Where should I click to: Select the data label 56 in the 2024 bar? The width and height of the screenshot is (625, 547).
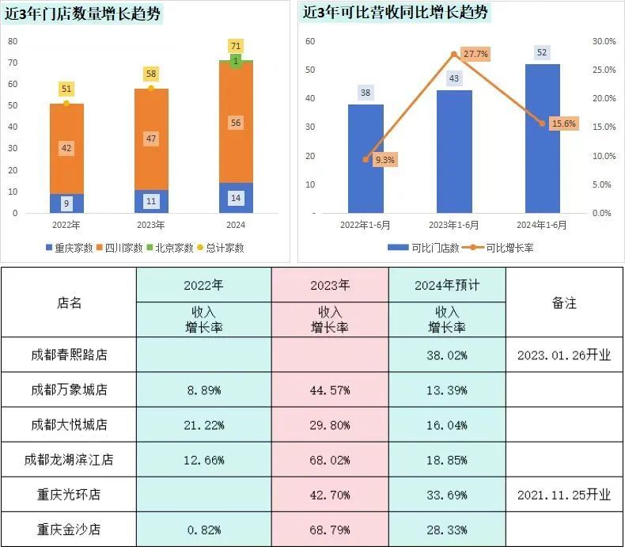[236, 123]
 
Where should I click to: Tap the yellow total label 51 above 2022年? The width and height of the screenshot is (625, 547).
[66, 89]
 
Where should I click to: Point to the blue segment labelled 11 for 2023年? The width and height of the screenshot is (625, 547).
[150, 201]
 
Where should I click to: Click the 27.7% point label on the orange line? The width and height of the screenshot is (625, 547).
[475, 54]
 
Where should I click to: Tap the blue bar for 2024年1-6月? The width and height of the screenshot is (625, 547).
[542, 139]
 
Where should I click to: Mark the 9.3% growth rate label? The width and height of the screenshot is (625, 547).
[384, 159]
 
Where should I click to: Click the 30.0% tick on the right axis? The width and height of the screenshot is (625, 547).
[603, 41]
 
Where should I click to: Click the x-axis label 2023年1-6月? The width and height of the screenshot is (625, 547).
[453, 225]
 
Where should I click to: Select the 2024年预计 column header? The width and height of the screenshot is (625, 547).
[447, 285]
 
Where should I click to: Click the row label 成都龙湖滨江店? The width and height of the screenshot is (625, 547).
[69, 459]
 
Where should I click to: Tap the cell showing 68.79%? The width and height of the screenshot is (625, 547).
[330, 529]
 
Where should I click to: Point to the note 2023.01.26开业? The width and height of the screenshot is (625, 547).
[564, 355]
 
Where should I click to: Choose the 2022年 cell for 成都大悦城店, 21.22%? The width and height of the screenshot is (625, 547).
[203, 424]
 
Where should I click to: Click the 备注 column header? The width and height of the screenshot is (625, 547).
[564, 302]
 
